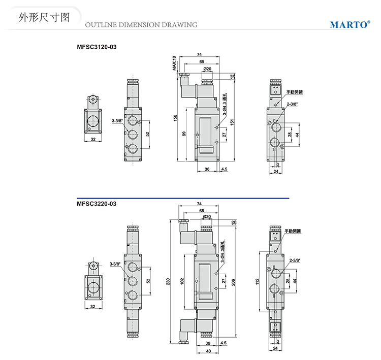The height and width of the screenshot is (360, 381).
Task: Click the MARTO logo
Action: (x=350, y=24)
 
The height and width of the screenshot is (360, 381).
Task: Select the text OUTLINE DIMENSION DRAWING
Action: (x=141, y=24)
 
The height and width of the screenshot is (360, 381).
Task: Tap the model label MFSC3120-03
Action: (x=97, y=47)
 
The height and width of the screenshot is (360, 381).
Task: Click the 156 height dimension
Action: (x=175, y=117)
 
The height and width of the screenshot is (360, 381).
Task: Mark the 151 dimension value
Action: (x=232, y=122)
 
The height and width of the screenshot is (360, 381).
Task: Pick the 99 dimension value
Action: (x=185, y=134)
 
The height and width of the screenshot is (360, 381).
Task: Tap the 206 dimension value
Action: (x=233, y=282)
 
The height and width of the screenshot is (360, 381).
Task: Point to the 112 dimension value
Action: (x=258, y=281)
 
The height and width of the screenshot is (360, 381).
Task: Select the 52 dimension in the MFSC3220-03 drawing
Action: (x=148, y=281)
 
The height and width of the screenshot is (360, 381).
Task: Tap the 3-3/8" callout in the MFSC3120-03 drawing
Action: (x=116, y=120)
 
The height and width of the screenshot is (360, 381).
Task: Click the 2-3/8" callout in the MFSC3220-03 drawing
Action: (x=294, y=260)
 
